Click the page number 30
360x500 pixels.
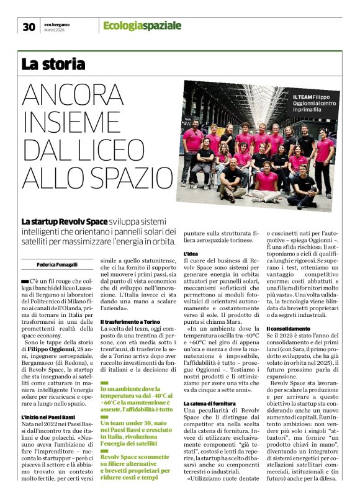[x=29, y=27]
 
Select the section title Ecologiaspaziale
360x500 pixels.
[x=142, y=26]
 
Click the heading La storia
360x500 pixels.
[x=53, y=63]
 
